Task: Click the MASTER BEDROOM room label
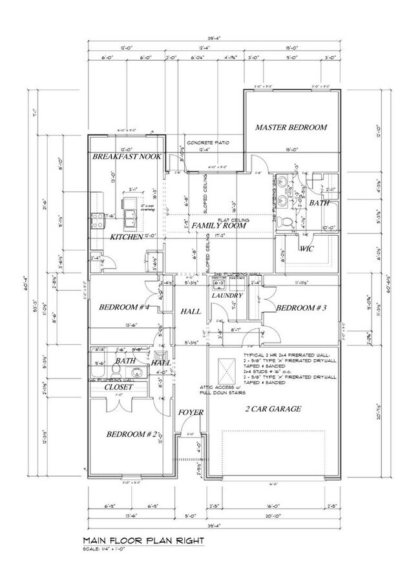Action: pyautogui.click(x=291, y=127)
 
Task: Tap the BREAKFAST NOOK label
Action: pyautogui.click(x=126, y=157)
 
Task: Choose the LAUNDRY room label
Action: pyautogui.click(x=227, y=295)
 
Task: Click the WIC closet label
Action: pyautogui.click(x=306, y=248)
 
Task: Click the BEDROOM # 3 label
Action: pyautogui.click(x=299, y=309)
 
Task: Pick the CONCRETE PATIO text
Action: pyautogui.click(x=208, y=142)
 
